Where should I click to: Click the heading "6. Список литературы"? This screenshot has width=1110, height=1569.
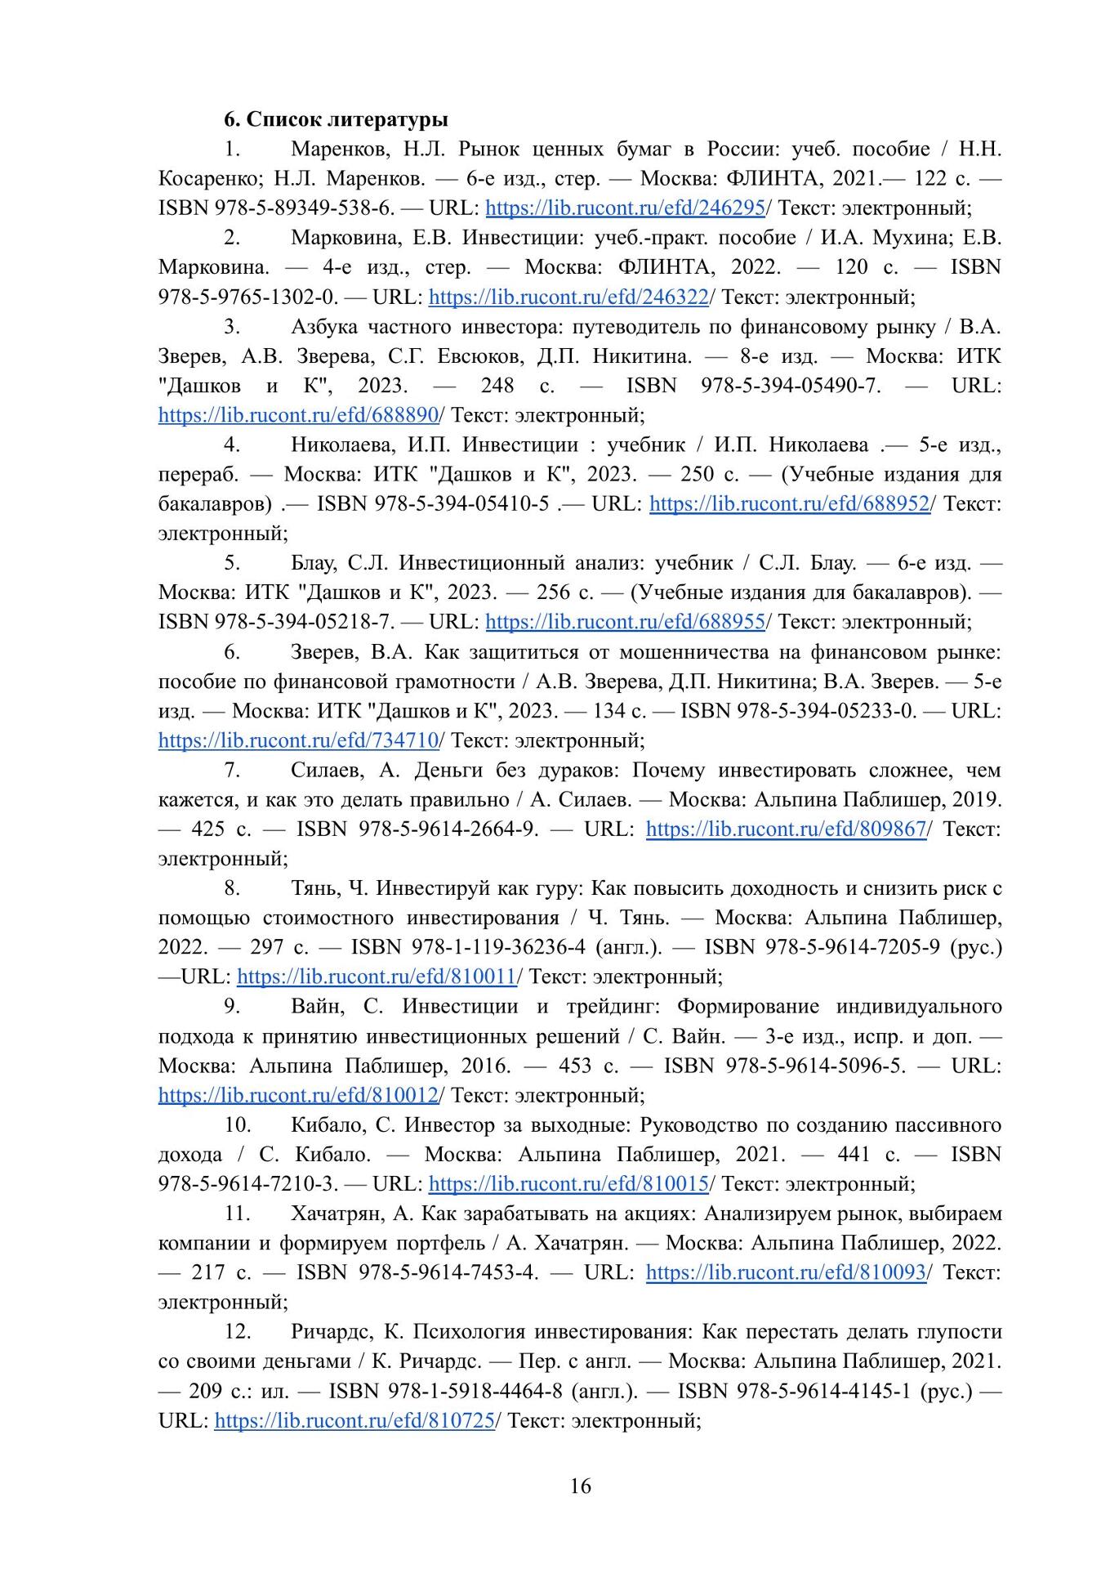coord(336,119)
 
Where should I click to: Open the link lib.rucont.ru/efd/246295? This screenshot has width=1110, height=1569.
coord(625,208)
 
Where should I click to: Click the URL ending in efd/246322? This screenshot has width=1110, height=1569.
coord(568,297)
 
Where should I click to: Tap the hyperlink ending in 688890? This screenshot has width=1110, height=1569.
coord(299,415)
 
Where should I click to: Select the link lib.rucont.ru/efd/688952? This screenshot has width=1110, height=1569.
coord(789,504)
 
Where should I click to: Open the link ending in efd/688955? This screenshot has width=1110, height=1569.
coord(625,622)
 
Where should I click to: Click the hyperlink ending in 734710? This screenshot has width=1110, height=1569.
coord(299,741)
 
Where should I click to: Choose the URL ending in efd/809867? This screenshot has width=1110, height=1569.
coord(786,829)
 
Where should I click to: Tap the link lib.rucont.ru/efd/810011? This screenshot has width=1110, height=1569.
coord(377,977)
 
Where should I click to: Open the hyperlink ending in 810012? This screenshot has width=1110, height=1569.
coord(299,1095)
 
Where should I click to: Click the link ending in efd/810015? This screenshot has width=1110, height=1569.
coord(568,1183)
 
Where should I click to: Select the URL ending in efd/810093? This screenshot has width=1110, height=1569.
coord(786,1272)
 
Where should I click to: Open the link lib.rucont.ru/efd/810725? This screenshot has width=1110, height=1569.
coord(354,1420)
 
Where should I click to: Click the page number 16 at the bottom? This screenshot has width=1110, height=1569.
coord(581,1486)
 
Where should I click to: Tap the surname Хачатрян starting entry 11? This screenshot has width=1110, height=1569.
coord(336,1214)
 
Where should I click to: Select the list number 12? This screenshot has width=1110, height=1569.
coord(237,1331)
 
